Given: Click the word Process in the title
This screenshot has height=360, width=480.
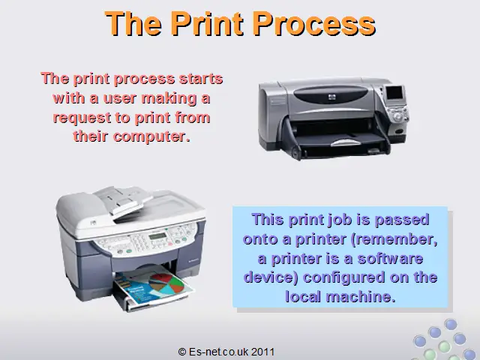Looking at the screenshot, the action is [314, 24].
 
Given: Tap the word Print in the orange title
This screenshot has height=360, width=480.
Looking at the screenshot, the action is [207, 24].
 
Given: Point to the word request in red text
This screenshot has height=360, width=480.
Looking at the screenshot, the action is [82, 118].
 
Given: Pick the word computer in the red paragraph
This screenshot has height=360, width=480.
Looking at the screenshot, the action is [151, 136].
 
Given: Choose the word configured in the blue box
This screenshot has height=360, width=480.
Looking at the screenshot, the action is [343, 278].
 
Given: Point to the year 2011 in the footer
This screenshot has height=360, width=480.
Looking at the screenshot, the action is [263, 352].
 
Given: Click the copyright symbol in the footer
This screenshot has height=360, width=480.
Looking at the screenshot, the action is [181, 352].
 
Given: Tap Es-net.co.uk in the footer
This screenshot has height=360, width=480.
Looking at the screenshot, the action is [219, 352].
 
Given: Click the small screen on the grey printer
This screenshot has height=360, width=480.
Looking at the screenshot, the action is [394, 93].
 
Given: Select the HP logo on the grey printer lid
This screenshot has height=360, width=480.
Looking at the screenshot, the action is [332, 97].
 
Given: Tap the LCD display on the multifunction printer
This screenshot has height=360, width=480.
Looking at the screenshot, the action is [158, 236].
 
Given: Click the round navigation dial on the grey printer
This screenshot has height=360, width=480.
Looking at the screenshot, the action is [397, 117].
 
